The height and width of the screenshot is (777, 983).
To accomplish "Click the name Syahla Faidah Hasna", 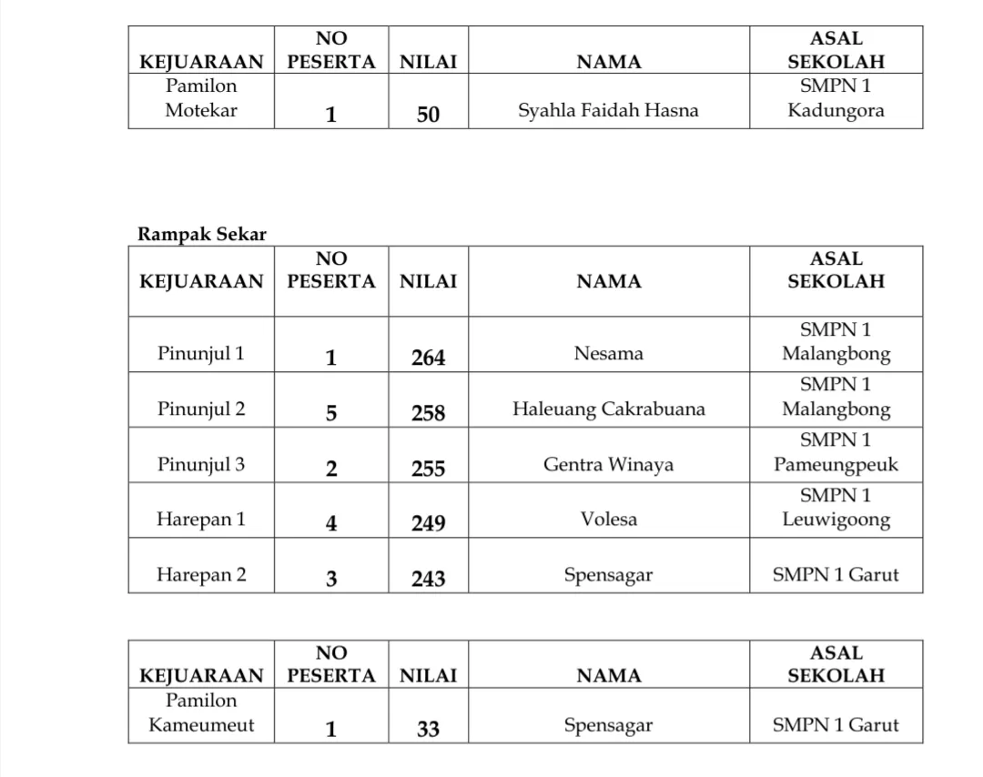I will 608,111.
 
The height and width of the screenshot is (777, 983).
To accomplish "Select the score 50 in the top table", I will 428,115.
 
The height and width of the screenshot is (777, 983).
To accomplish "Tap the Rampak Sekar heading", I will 202,234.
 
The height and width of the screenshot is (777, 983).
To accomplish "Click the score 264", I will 428,358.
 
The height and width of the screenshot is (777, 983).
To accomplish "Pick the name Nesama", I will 608,354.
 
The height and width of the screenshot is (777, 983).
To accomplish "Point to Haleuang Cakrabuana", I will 608,409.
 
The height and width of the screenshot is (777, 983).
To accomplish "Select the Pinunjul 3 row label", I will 201,465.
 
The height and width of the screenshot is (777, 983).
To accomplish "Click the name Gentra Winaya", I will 608,465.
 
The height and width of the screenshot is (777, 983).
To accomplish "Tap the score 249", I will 428,524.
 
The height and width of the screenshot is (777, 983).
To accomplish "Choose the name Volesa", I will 608,520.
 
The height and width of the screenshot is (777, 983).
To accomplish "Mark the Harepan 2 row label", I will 201,575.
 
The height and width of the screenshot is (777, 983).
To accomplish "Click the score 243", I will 428,579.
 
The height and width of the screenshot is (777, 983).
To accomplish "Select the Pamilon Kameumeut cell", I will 201,713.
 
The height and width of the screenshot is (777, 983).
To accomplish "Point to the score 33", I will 428,730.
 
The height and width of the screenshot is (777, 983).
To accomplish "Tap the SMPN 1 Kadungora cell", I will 836,99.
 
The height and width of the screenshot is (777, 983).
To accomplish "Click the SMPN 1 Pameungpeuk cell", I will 836,453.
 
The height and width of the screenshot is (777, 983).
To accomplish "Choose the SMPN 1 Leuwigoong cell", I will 836,508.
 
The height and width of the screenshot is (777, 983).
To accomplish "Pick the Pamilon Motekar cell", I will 201,99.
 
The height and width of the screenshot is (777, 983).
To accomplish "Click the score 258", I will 428,414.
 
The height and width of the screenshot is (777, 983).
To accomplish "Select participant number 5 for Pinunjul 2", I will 331,414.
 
